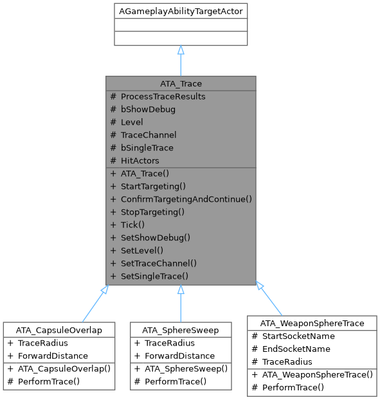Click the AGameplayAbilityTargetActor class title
[x=181, y=12]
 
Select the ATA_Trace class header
[x=181, y=83]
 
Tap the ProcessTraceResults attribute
[x=163, y=96]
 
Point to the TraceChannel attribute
[x=149, y=135]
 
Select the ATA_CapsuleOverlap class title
[x=59, y=330]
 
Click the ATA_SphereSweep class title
[x=181, y=330]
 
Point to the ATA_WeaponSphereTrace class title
[x=311, y=323]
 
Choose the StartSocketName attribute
[x=297, y=336]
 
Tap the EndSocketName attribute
[x=296, y=349]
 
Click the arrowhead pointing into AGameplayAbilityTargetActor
[x=181, y=50]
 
